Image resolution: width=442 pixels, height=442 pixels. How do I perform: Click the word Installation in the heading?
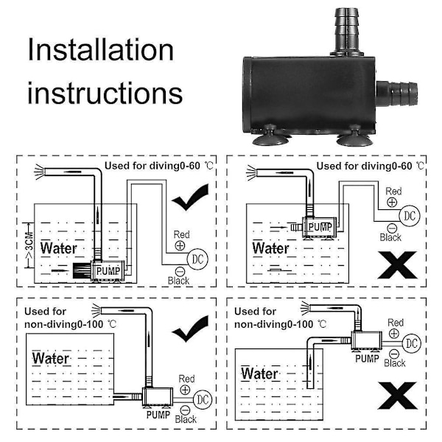[x=100, y=51]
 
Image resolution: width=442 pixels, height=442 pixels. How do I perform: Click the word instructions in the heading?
[x=105, y=94]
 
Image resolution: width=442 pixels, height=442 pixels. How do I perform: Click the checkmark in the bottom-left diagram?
[x=189, y=329]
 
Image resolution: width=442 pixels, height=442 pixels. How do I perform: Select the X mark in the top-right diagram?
[x=397, y=264]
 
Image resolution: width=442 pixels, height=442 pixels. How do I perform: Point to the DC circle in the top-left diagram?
[x=197, y=259]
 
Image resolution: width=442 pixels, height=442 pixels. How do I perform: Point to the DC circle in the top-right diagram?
[x=409, y=215]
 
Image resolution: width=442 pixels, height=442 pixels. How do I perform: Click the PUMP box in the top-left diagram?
[x=107, y=272]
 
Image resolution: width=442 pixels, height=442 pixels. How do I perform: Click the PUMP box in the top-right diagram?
[x=320, y=228]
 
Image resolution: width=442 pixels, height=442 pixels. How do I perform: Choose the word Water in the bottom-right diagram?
[x=259, y=373]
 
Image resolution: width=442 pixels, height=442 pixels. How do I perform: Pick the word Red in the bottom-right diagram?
[x=396, y=323]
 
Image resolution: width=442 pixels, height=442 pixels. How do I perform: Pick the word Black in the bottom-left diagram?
[x=186, y=419]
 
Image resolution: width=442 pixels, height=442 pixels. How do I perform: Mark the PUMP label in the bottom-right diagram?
[x=368, y=359]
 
